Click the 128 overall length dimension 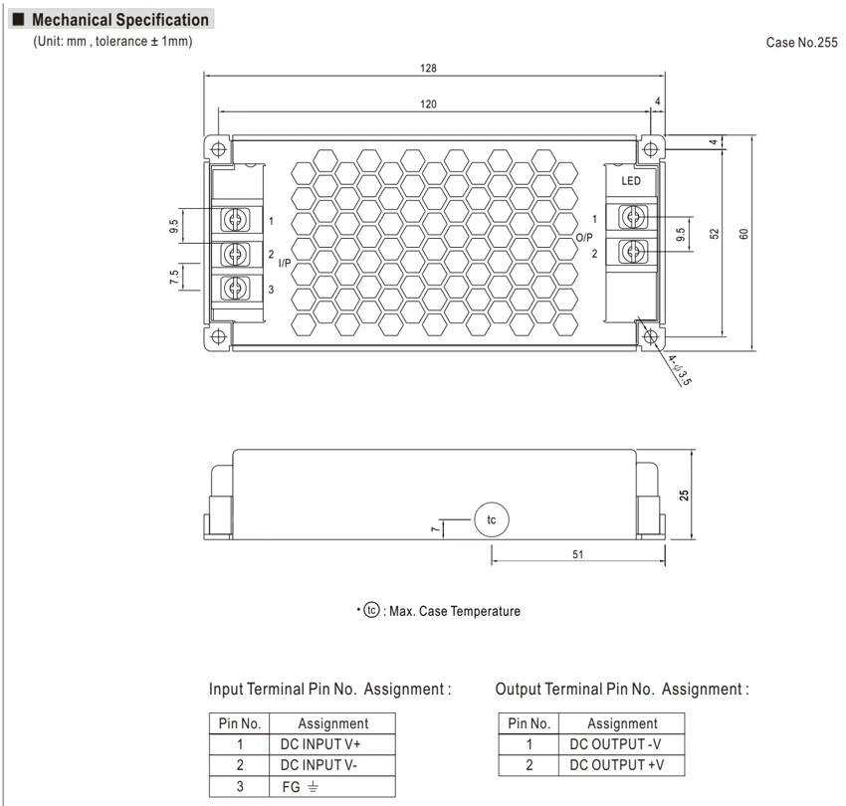point(428,68)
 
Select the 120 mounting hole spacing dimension point(428,104)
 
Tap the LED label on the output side point(631,181)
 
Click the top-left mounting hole point(219,149)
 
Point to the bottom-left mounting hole point(219,337)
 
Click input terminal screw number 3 point(236,289)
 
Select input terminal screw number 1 point(236,219)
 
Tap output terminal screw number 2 point(633,252)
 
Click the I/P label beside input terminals point(285,263)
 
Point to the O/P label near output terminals point(584,238)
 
